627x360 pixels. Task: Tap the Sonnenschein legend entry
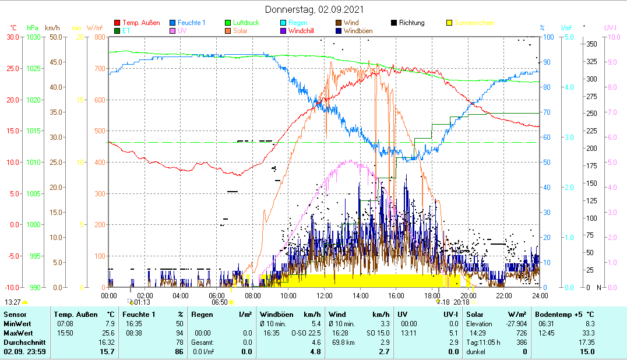point(474,23)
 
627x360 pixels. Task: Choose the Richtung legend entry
point(411,23)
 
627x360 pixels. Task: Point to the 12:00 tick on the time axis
point(324,296)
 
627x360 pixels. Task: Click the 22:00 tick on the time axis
point(503,296)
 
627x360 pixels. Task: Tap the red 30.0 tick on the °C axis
point(13,37)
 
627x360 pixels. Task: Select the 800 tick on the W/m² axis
point(99,37)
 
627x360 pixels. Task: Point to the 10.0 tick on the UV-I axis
point(612,37)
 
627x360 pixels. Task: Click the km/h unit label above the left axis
point(52,27)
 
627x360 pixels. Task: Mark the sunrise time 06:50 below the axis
point(219,302)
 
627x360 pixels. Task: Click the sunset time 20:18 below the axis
point(461,302)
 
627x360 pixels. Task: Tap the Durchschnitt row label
point(22,342)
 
